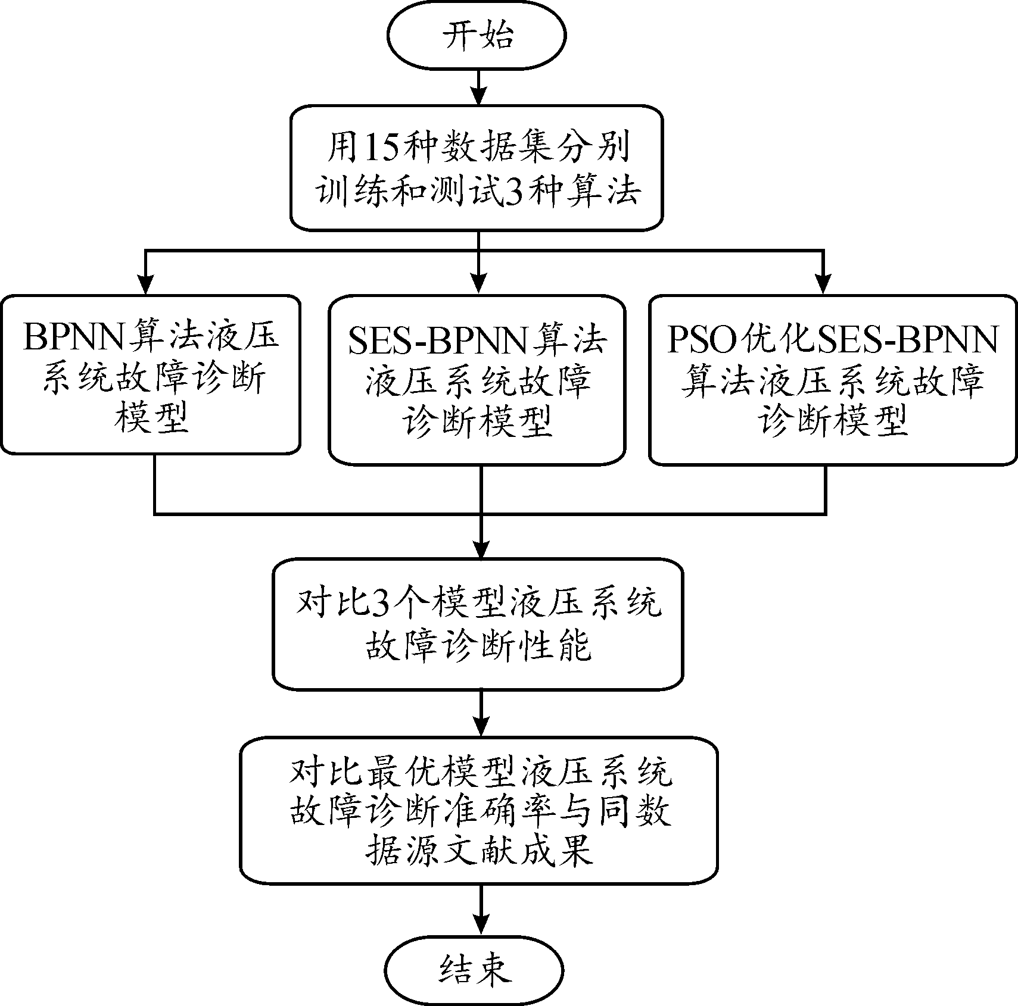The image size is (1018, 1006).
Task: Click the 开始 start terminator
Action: [476, 36]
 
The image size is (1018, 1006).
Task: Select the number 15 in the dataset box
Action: [378, 147]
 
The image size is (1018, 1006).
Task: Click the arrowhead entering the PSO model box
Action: [824, 285]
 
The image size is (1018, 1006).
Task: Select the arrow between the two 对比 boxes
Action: [480, 714]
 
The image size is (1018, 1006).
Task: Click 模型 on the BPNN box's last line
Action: [151, 418]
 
